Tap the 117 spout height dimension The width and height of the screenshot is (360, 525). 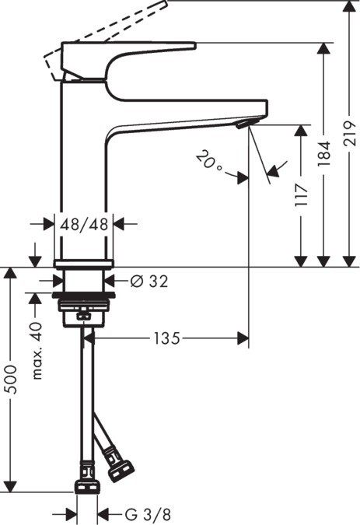point(302,194)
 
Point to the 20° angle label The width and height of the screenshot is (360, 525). point(209,161)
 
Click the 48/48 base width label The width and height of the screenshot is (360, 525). point(85,225)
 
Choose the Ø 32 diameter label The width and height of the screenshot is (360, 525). point(149,281)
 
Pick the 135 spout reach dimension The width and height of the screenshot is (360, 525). point(166,338)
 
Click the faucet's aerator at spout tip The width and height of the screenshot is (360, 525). point(243,124)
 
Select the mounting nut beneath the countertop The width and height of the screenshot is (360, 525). point(85,307)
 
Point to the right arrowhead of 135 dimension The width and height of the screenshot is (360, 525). point(243,338)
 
